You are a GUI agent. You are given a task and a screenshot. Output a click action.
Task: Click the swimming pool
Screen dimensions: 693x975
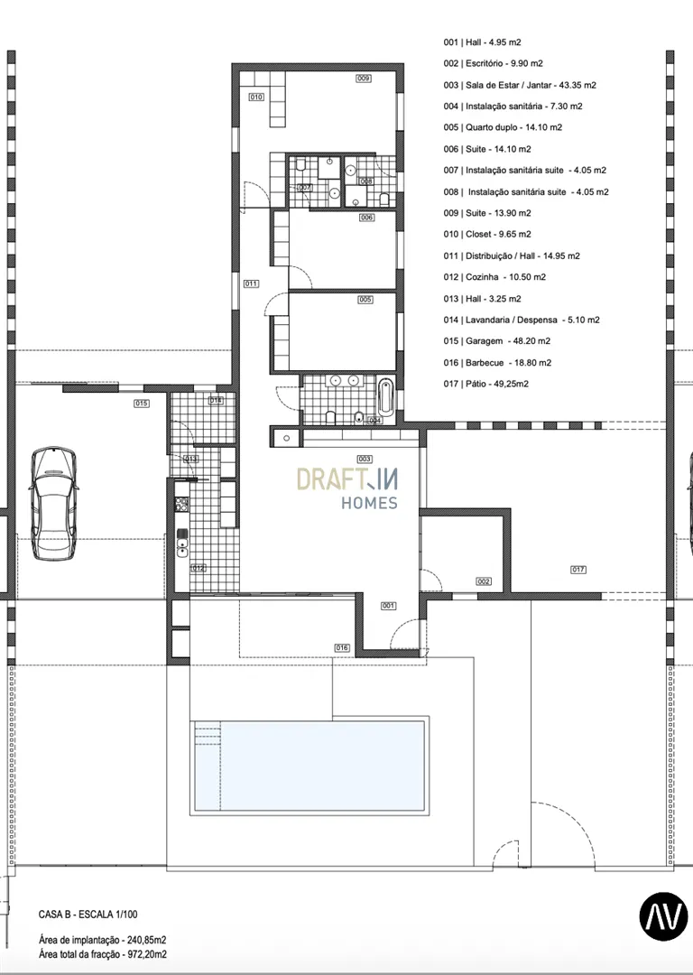click(309, 766)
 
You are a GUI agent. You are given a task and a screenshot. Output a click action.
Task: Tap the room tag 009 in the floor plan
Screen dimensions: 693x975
click(364, 79)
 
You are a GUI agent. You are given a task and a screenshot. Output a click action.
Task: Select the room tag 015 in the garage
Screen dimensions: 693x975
click(142, 404)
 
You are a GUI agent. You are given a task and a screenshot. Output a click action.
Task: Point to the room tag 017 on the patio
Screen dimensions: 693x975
click(578, 570)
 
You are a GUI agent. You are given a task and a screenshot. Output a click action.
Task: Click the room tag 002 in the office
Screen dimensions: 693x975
click(484, 581)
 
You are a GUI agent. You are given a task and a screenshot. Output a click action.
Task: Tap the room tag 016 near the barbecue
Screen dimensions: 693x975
click(342, 648)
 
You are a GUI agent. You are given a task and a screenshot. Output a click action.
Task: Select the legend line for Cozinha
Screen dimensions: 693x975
click(494, 277)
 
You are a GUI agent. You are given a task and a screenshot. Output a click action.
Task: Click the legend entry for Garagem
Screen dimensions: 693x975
click(497, 341)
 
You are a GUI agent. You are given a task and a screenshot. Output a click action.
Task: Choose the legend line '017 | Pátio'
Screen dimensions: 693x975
click(486, 385)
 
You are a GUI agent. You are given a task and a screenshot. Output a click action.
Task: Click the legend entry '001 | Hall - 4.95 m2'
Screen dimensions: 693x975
click(483, 43)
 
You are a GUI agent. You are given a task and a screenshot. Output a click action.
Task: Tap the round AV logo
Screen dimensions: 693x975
click(664, 915)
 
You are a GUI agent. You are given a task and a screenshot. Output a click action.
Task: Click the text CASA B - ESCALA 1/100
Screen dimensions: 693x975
click(88, 915)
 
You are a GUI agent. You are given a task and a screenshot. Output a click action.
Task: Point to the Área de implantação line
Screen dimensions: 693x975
click(103, 940)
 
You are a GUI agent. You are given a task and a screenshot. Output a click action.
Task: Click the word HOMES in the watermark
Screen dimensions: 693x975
click(369, 503)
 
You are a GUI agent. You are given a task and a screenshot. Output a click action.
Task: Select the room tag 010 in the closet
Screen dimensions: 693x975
click(256, 97)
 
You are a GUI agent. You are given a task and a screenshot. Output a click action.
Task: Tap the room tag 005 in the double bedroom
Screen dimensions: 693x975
click(365, 300)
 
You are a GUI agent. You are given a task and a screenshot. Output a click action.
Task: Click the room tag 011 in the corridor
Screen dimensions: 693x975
click(251, 284)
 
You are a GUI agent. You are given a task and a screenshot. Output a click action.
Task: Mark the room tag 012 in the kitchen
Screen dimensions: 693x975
click(199, 568)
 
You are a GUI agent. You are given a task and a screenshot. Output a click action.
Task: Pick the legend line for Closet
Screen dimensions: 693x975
click(487, 235)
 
